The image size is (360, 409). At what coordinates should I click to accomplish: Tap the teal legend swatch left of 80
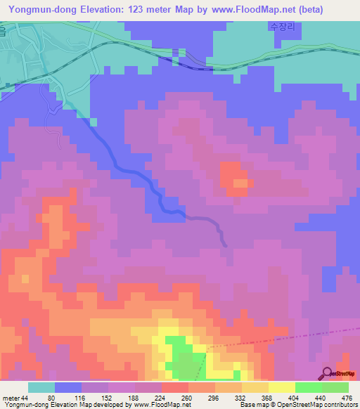click(41, 387)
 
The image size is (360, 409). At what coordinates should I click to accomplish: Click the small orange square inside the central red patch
click(240, 183)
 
